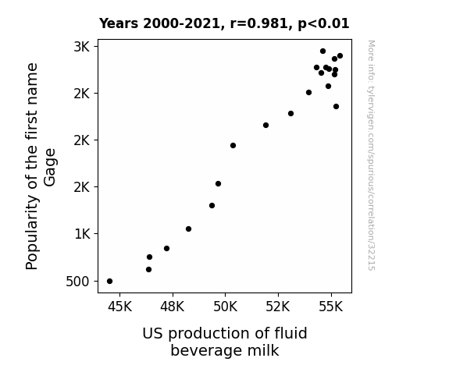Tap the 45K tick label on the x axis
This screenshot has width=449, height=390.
click(x=119, y=307)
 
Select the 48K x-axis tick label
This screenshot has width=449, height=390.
click(x=173, y=307)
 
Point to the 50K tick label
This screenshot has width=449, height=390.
click(x=226, y=307)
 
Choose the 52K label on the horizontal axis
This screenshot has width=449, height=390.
click(x=278, y=307)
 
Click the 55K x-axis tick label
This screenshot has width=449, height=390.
click(x=331, y=307)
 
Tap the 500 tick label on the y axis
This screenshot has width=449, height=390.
click(x=78, y=282)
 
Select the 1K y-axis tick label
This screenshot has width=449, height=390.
click(x=83, y=234)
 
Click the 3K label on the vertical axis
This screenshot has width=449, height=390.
click(x=82, y=47)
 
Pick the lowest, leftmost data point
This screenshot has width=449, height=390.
click(x=109, y=282)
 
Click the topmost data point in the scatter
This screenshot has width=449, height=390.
click(x=323, y=51)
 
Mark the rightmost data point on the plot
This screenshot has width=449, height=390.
click(x=340, y=56)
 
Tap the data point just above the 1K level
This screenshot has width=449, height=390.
click(x=188, y=229)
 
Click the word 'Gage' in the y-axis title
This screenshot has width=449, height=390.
click(x=50, y=168)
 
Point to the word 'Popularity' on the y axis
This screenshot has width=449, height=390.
click(x=32, y=232)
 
